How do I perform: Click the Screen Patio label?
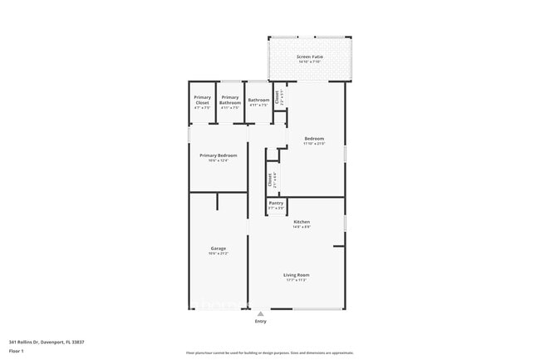coord(309,57)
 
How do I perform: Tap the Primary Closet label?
coord(203,99)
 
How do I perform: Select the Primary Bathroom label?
coord(230,99)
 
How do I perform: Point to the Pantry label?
coord(277,203)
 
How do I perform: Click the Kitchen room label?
coord(302,221)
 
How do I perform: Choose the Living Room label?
coord(297,274)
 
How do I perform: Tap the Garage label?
coord(218,248)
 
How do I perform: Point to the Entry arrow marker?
coord(261,313)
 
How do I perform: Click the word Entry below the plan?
coord(261,321)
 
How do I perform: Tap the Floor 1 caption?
coord(17,351)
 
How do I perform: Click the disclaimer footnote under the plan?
coord(269,353)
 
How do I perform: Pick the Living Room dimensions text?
coord(297,280)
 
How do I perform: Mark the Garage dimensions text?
coord(218,254)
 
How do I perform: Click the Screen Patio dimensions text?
coord(309,62)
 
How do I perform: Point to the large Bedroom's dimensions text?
coord(313,144)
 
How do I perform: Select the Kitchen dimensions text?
coord(302,227)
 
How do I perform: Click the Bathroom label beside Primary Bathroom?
coord(258,101)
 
